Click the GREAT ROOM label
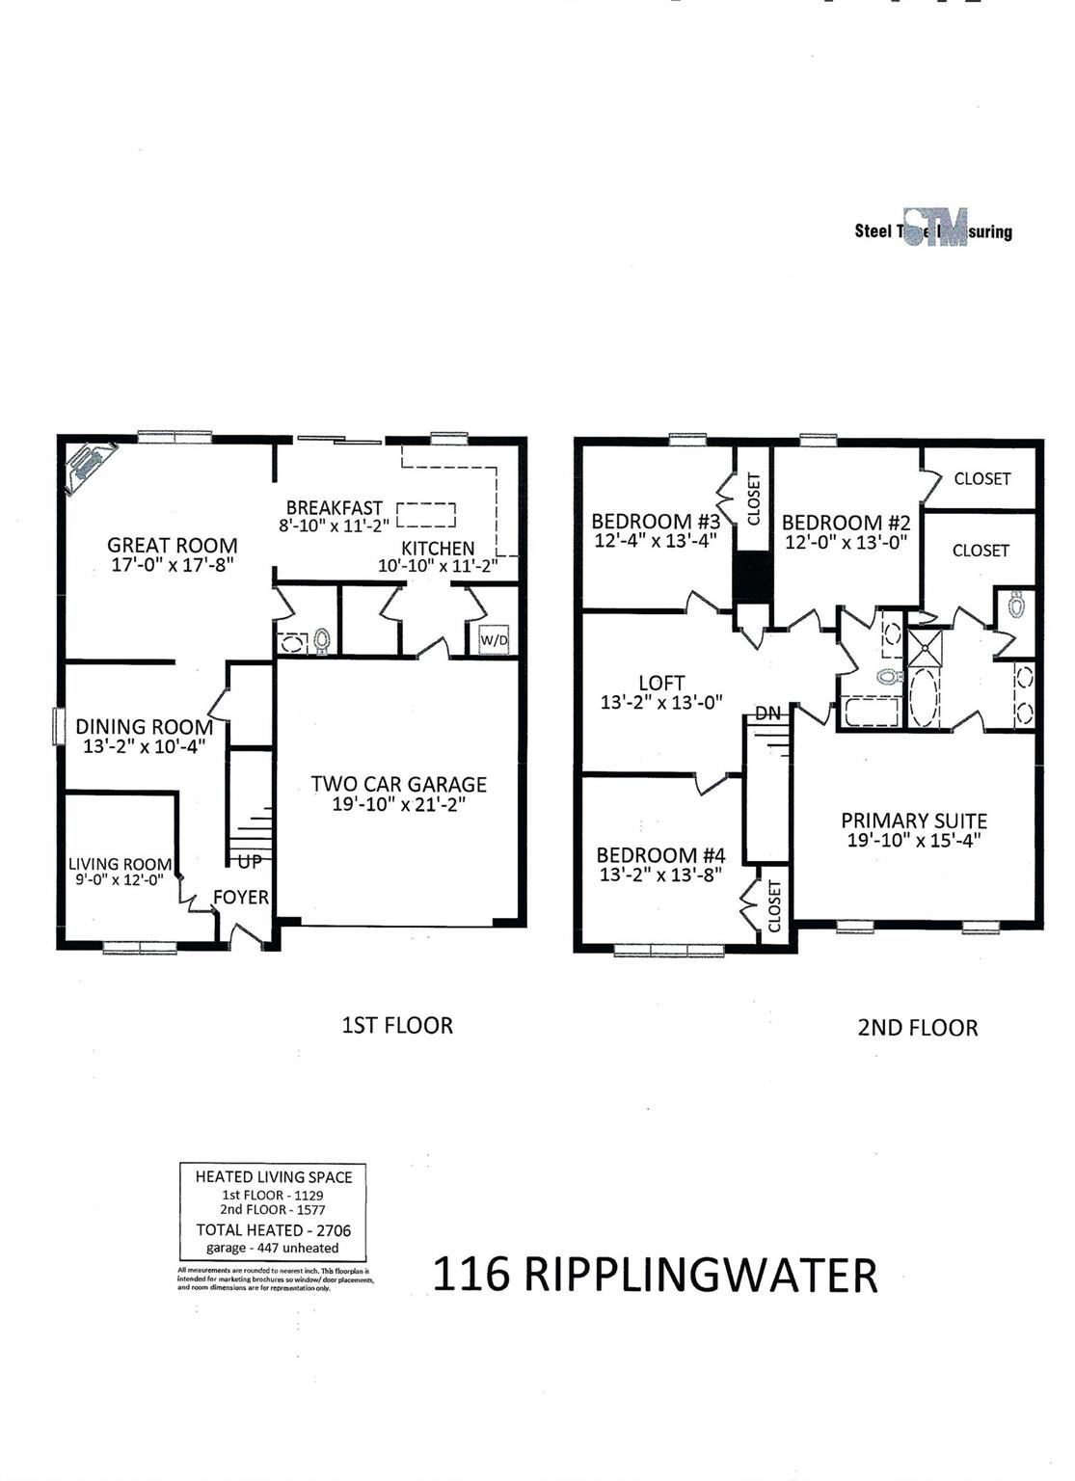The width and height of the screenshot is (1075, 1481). click(172, 545)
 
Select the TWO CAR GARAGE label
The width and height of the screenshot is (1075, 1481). click(398, 784)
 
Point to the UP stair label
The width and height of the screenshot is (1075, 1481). click(250, 862)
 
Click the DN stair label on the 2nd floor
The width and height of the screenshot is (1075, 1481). click(768, 714)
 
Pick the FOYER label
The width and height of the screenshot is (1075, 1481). click(241, 898)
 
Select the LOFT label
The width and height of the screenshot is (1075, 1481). click(661, 684)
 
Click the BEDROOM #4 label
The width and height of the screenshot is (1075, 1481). click(660, 855)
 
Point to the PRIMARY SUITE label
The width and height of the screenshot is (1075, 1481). click(914, 821)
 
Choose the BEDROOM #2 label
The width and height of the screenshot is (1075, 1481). click(846, 523)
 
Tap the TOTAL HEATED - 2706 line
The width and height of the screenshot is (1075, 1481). click(274, 1229)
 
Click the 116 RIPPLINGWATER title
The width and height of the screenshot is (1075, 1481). click(655, 1275)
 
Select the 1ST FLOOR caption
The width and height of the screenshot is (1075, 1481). click(397, 1025)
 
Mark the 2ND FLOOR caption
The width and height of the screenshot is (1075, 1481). click(918, 1028)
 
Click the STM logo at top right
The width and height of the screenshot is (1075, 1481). click(935, 229)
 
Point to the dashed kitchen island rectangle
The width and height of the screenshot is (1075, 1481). click(425, 516)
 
